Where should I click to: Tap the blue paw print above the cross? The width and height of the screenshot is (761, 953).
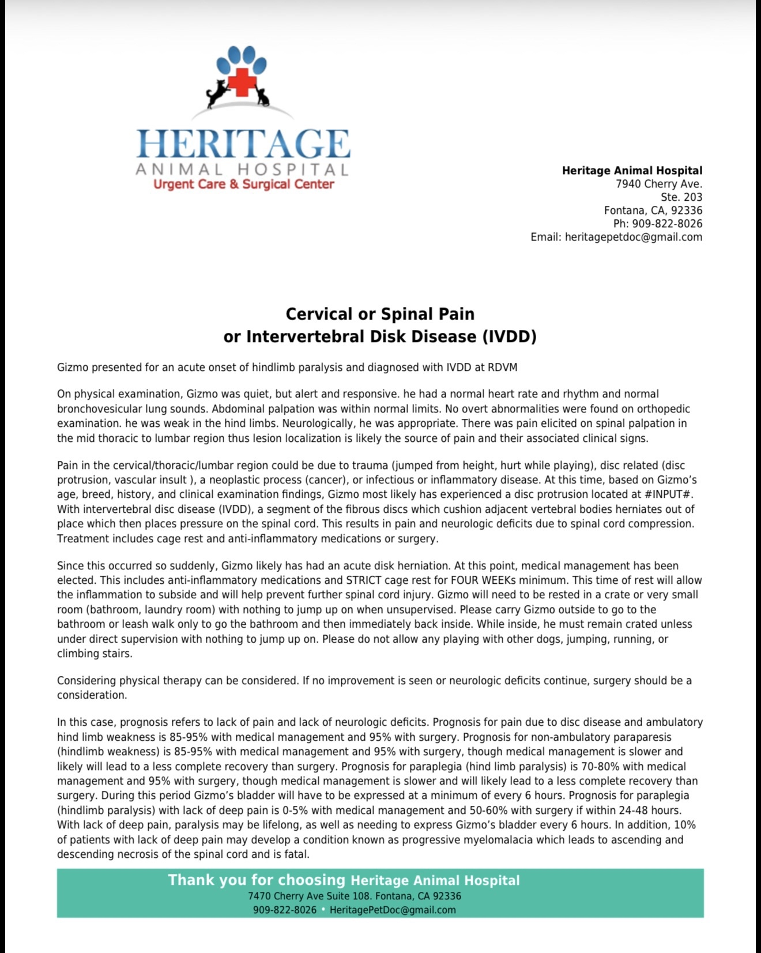pyautogui.click(x=243, y=61)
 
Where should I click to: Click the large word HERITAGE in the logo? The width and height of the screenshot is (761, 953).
pyautogui.click(x=243, y=144)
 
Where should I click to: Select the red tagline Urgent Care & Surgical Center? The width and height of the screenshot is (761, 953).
pyautogui.click(x=243, y=185)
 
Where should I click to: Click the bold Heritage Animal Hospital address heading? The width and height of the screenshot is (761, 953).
pyautogui.click(x=632, y=171)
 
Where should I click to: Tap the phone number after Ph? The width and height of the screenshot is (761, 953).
pyautogui.click(x=667, y=224)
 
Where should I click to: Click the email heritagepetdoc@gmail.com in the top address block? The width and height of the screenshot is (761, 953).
pyautogui.click(x=633, y=237)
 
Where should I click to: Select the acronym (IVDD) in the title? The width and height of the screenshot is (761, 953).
pyautogui.click(x=509, y=336)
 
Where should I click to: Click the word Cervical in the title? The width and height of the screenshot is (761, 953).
pyautogui.click(x=319, y=314)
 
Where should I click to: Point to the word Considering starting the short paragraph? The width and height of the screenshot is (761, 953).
pyautogui.click(x=86, y=681)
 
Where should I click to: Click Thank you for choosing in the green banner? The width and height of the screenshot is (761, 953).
pyautogui.click(x=256, y=880)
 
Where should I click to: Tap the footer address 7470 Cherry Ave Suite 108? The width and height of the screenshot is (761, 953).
pyautogui.click(x=310, y=896)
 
